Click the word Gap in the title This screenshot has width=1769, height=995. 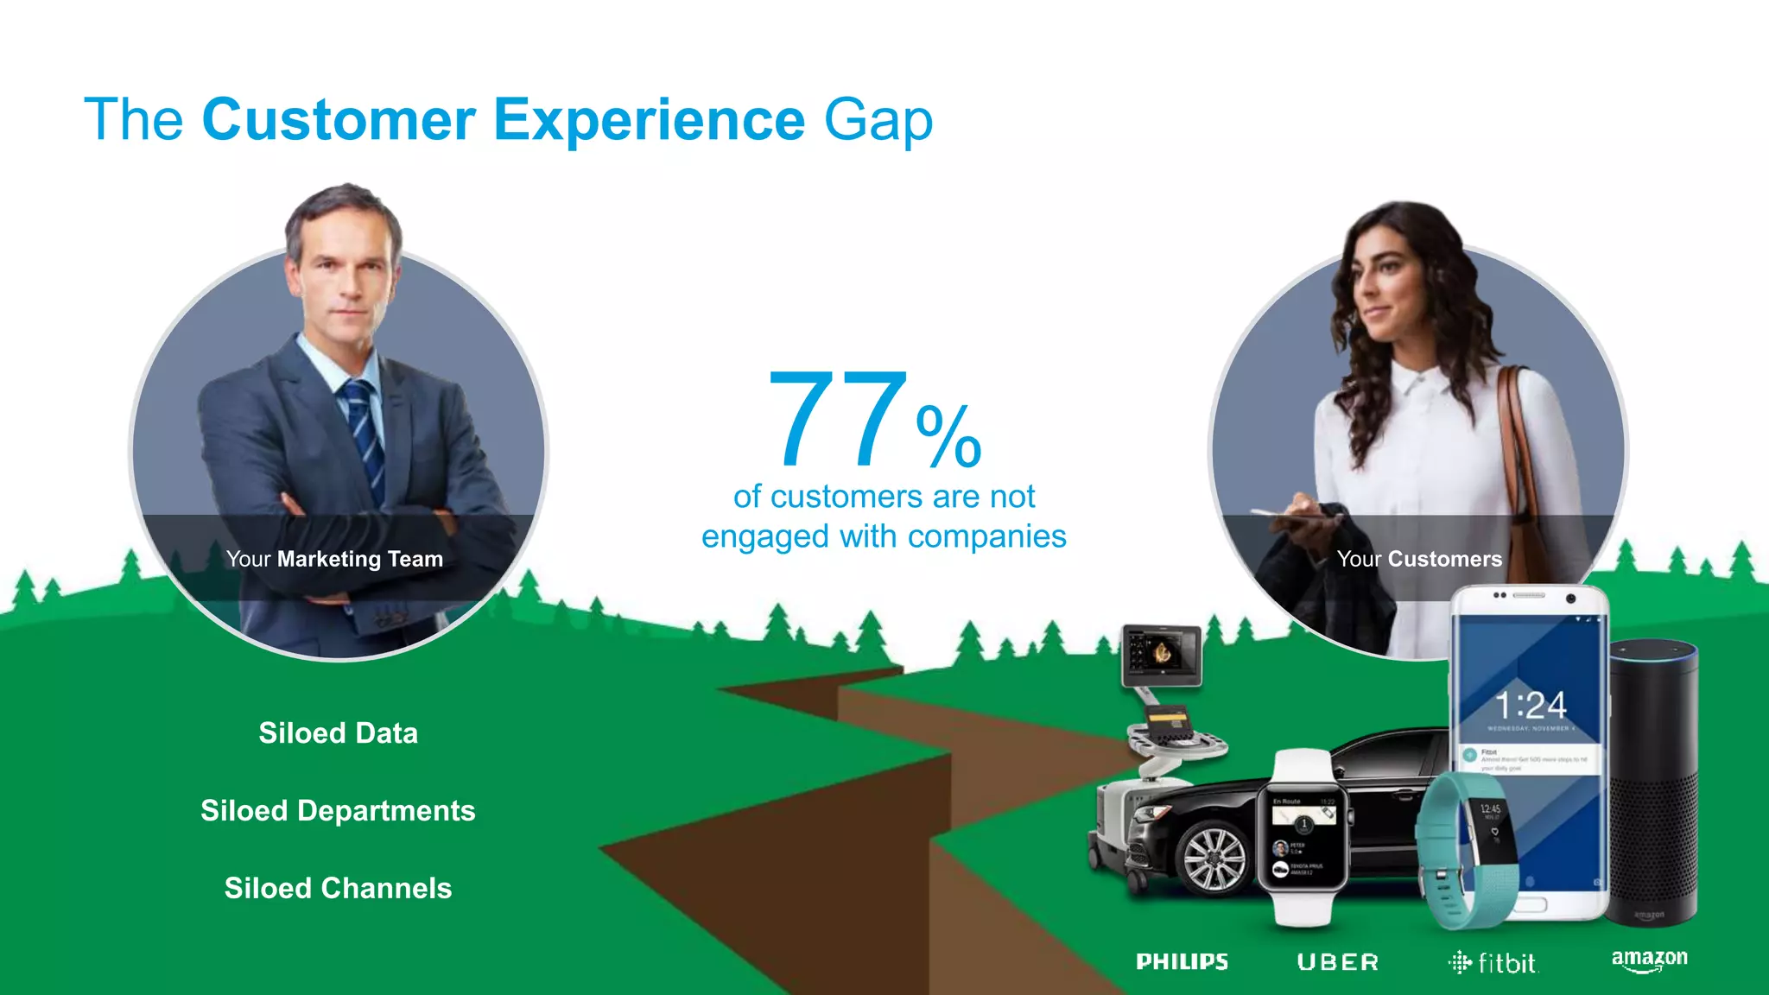[x=878, y=121]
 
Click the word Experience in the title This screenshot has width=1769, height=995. [x=650, y=119]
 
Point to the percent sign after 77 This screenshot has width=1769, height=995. [x=948, y=436]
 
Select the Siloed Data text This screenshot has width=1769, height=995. [x=338, y=733]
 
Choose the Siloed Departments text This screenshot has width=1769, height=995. [x=338, y=811]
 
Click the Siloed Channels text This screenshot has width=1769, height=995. [x=338, y=888]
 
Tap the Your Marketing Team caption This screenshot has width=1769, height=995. [x=334, y=559]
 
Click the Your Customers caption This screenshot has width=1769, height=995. [x=1419, y=559]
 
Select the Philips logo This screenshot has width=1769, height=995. [x=1182, y=961]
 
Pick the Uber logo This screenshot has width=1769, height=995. [x=1338, y=962]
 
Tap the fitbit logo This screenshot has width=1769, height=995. [x=1493, y=962]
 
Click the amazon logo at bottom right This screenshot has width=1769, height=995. [x=1649, y=960]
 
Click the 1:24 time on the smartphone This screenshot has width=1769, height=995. [x=1531, y=706]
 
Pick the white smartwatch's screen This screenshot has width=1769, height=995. [x=1303, y=837]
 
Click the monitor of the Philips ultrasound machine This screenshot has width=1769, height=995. [x=1162, y=654]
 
